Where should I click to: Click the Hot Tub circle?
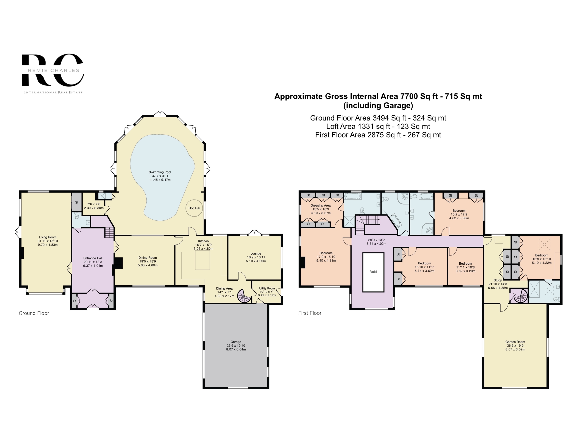pyautogui.click(x=194, y=208)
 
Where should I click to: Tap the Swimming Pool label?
pyautogui.click(x=160, y=172)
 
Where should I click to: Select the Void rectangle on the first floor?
pyautogui.click(x=373, y=272)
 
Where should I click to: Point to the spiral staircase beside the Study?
pyautogui.click(x=518, y=296)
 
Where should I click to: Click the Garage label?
pyautogui.click(x=236, y=342)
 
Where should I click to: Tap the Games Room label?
pyautogui.click(x=515, y=342)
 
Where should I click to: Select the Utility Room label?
pyautogui.click(x=267, y=288)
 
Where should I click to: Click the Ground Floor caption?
pyautogui.click(x=34, y=313)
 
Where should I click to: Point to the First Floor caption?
pyautogui.click(x=310, y=313)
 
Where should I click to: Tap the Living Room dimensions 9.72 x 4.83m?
pyautogui.click(x=48, y=245)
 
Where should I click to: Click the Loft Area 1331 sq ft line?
pyautogui.click(x=378, y=126)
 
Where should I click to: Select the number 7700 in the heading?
pyautogui.click(x=409, y=96)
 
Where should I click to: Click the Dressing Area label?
pyautogui.click(x=320, y=205)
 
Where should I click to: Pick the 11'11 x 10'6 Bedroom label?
pyautogui.click(x=465, y=267)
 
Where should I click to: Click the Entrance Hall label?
pyautogui.click(x=93, y=258)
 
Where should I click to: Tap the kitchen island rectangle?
pyautogui.click(x=202, y=260)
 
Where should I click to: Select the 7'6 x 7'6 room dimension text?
pyautogui.click(x=94, y=204)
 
